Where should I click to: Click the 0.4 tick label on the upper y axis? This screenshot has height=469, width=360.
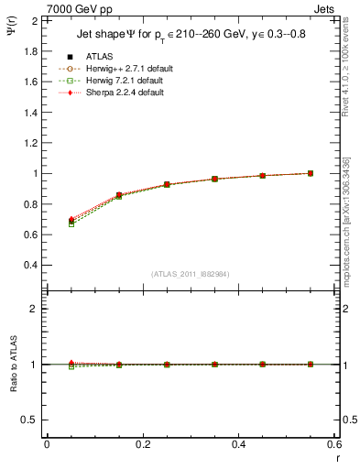[30, 266]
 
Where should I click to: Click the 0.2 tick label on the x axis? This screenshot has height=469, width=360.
[142, 444]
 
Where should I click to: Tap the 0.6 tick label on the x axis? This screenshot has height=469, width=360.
[334, 444]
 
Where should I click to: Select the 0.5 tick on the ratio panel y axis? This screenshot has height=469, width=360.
[30, 420]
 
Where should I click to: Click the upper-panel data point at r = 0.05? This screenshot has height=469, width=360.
[71, 221]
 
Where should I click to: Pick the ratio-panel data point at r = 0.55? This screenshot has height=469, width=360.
[311, 365]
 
